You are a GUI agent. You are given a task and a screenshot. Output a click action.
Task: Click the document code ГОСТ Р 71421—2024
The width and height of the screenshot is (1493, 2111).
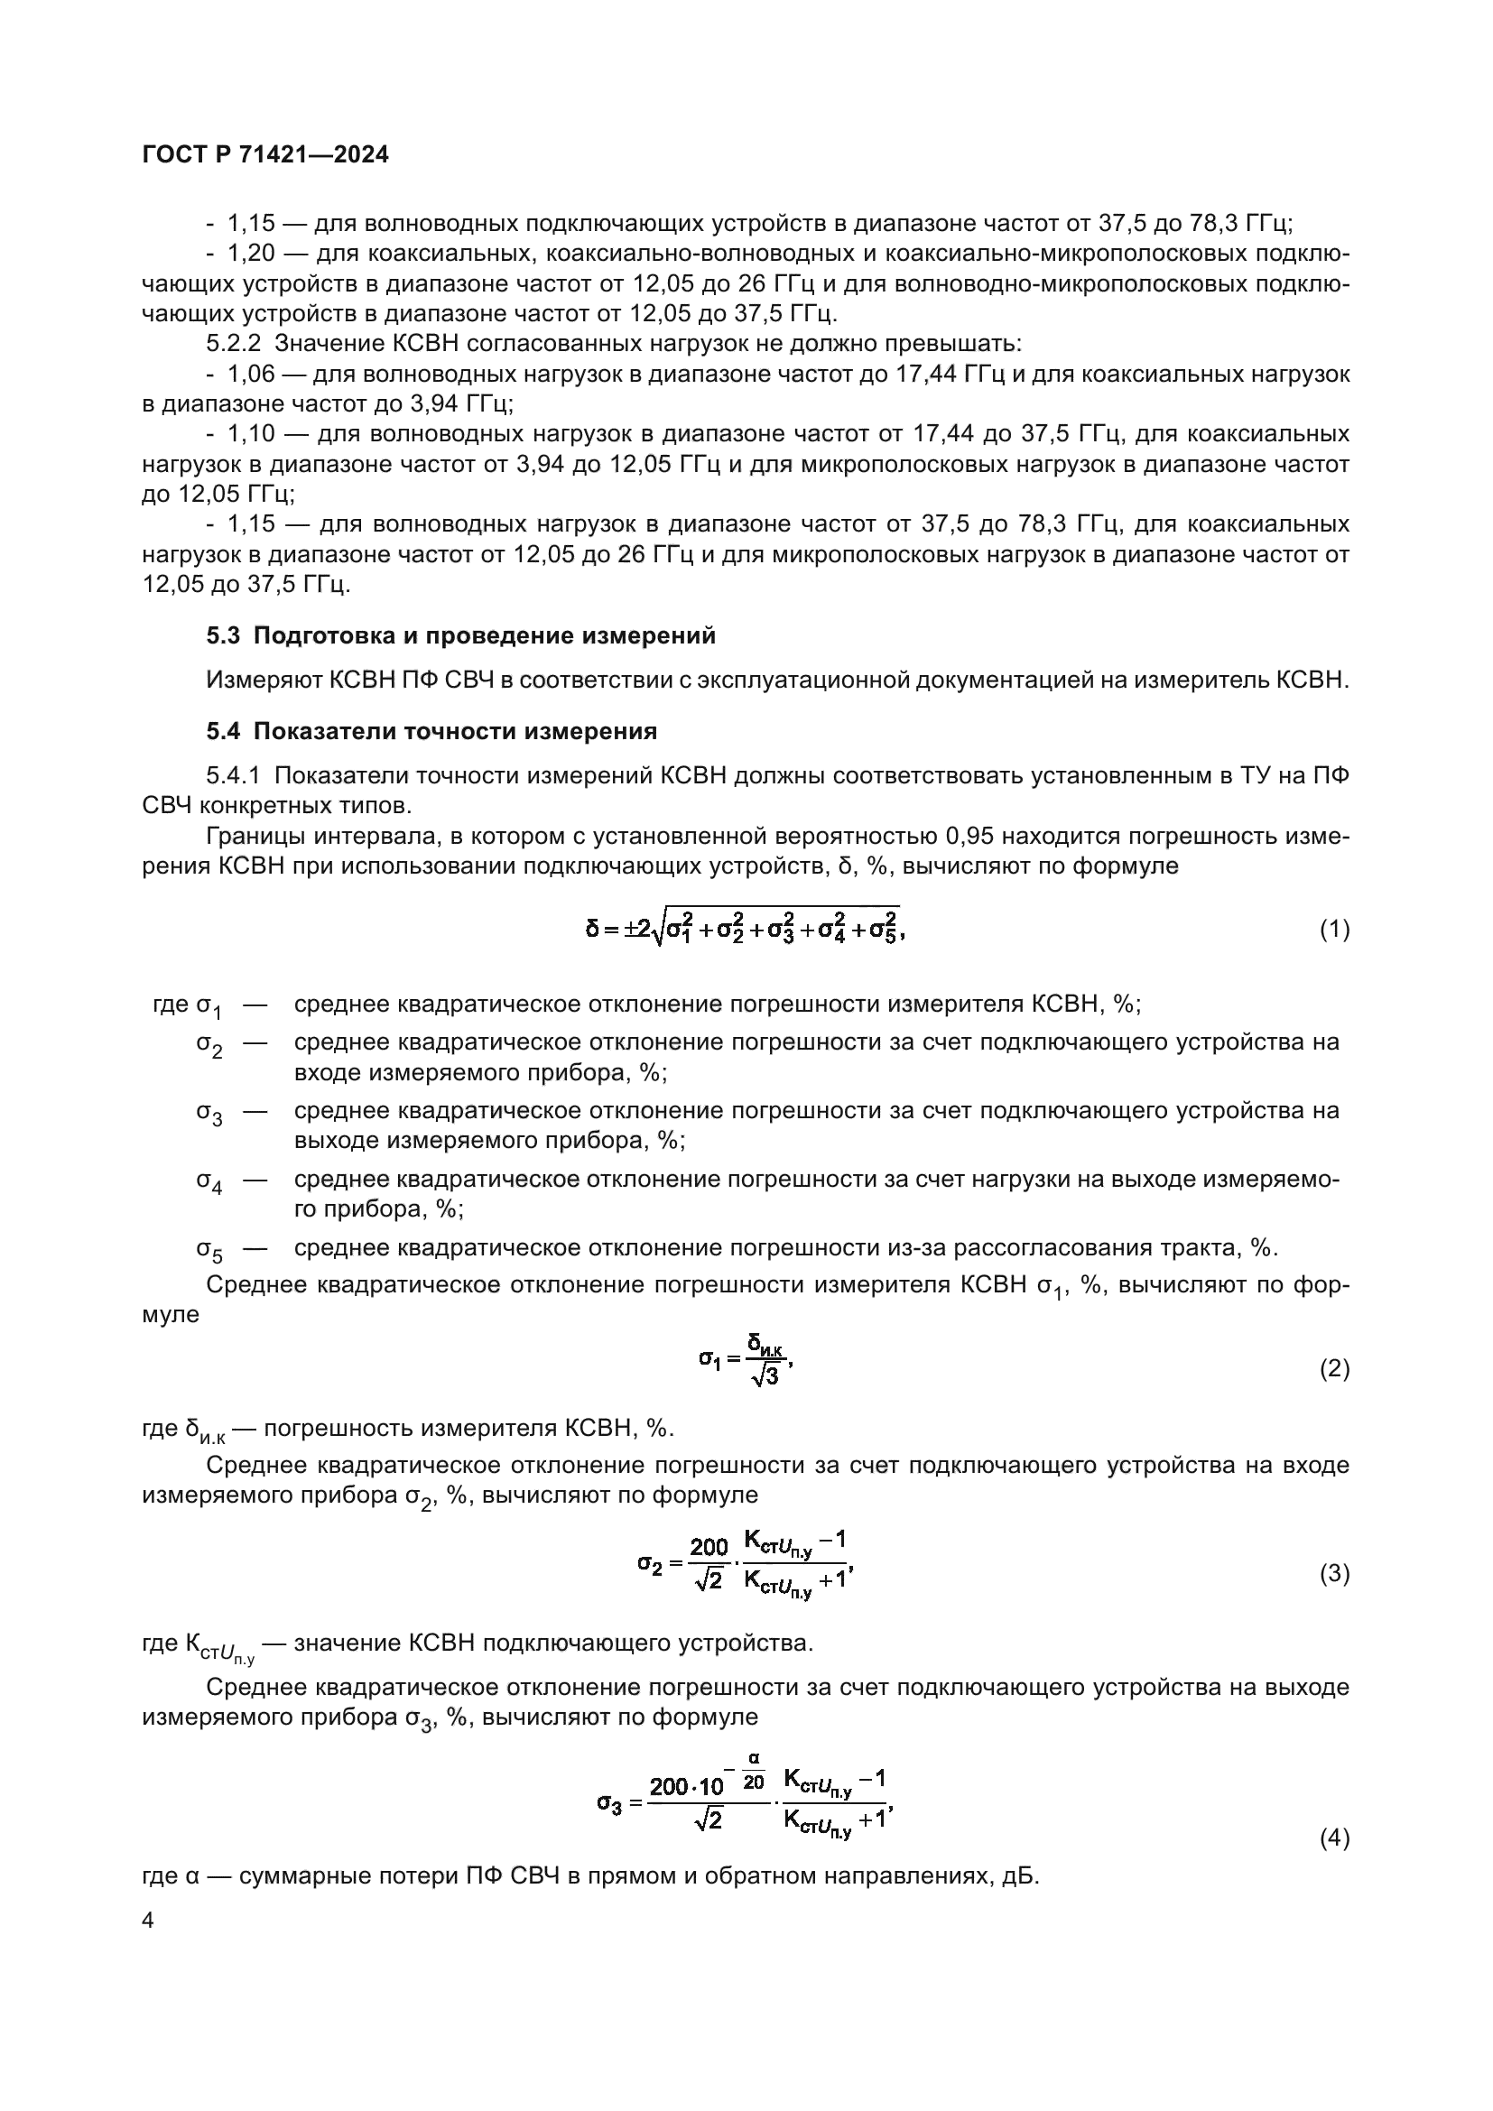click(265, 154)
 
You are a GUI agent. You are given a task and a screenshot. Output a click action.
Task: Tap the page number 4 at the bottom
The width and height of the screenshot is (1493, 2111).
click(148, 1921)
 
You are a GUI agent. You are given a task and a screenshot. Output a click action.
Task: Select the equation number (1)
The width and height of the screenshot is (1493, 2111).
click(1334, 930)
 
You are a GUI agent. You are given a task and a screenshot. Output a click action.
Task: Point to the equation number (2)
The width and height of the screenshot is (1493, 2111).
click(1334, 1369)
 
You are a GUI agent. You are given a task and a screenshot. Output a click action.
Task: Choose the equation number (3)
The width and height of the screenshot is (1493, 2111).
click(1334, 1573)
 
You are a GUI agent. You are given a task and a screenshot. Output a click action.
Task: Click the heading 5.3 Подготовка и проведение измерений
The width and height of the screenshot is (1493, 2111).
click(460, 635)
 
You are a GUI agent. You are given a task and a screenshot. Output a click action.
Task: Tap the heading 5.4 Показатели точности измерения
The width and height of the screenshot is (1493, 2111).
click(431, 731)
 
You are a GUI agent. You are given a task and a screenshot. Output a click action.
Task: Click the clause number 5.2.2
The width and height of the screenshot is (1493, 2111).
click(235, 344)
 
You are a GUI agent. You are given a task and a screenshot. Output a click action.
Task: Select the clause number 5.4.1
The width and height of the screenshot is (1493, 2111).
click(235, 775)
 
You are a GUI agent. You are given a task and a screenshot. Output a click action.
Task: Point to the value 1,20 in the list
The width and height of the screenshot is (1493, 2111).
click(251, 254)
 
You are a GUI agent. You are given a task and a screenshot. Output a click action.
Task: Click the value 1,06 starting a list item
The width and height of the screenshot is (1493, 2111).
click(251, 375)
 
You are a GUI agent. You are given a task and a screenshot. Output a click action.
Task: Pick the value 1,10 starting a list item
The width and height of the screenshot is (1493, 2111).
click(251, 434)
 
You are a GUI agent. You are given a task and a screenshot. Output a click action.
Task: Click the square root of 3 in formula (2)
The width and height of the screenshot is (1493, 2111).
click(763, 1376)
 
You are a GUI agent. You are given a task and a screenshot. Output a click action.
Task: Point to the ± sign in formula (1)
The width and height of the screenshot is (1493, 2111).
click(632, 929)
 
